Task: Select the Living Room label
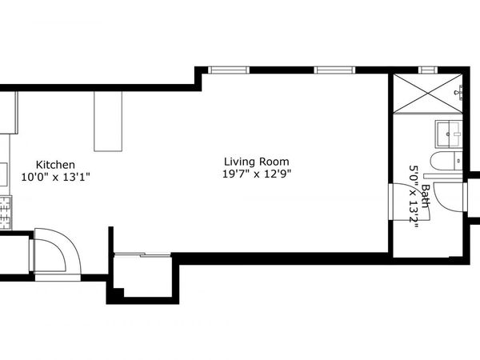(x=256, y=161)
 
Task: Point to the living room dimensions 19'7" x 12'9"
(x=256, y=174)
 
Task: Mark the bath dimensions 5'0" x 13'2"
(x=414, y=197)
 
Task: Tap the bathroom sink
(x=448, y=130)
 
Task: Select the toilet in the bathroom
(x=445, y=162)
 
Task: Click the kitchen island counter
(x=109, y=121)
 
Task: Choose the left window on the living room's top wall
(x=227, y=70)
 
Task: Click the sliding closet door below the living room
(x=142, y=255)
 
